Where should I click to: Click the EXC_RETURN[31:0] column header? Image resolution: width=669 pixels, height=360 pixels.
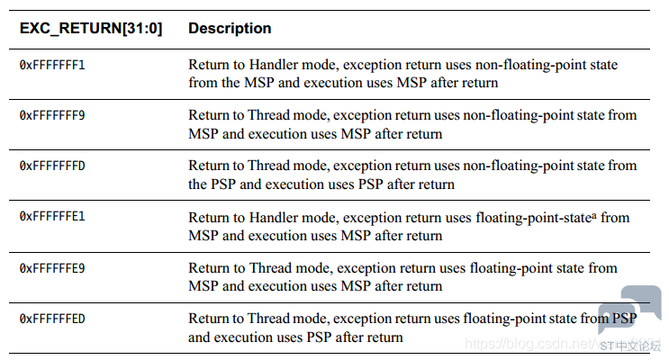(x=91, y=28)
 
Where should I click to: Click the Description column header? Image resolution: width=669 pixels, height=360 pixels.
(x=230, y=28)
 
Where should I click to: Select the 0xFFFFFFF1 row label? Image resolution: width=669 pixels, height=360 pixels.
(x=52, y=65)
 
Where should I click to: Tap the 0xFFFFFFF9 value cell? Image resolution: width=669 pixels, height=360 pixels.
(x=52, y=115)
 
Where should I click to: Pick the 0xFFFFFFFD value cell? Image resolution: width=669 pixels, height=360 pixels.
(x=52, y=166)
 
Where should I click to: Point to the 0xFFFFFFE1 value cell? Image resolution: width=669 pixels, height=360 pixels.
(x=52, y=216)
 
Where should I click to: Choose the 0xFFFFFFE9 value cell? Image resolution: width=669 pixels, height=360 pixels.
(x=52, y=268)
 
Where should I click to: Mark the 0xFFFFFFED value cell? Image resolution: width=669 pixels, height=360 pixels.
(x=52, y=319)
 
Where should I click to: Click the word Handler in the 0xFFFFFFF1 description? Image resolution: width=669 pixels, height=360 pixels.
(x=273, y=65)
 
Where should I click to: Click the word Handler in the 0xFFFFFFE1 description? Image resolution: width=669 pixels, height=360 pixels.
(x=273, y=218)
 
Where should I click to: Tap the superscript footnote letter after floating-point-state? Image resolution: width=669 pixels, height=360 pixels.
(x=594, y=214)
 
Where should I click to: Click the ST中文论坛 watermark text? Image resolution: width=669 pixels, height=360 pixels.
(x=630, y=346)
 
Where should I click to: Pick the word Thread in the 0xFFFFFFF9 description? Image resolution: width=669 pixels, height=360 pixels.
(x=269, y=115)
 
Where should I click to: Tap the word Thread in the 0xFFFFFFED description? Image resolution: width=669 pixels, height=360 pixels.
(x=269, y=319)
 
